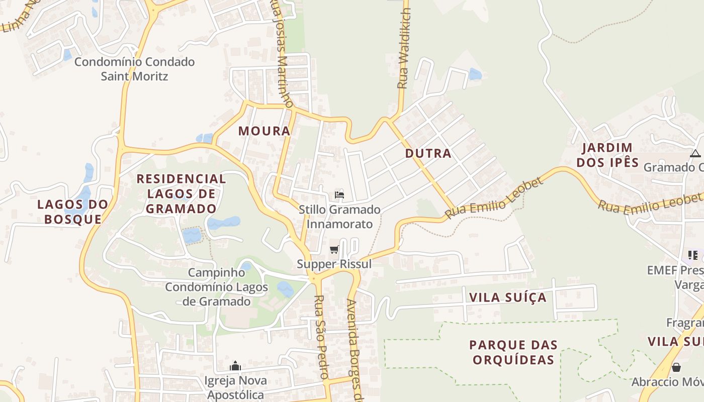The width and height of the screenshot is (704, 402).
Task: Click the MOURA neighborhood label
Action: point(264,131)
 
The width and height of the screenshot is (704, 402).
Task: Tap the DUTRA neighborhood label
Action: point(428,154)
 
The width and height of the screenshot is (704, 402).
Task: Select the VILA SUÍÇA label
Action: point(507,297)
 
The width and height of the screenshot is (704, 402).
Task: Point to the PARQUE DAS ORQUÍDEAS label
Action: point(513,352)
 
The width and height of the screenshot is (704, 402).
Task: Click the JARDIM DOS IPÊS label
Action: point(607,155)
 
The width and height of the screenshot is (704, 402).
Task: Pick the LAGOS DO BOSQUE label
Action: point(73,212)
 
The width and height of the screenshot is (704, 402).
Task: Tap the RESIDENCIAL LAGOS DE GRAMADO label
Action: point(182,193)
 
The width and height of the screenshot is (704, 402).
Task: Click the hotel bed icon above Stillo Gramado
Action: point(339,195)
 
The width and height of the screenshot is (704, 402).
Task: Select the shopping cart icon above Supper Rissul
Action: point(334,250)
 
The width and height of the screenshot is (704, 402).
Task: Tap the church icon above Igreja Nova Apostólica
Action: point(235,366)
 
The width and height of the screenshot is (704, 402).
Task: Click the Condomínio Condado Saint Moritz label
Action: point(134,69)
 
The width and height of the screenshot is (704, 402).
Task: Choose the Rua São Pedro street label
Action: point(321,337)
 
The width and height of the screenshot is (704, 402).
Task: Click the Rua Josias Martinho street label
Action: point(282,53)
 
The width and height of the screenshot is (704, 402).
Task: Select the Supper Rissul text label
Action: point(334,264)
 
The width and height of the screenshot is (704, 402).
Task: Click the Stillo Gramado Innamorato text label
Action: point(339,217)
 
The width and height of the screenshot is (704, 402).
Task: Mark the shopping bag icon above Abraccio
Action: point(676,367)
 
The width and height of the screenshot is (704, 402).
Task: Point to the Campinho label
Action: point(216,273)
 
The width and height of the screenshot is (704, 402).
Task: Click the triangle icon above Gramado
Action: point(695,153)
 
